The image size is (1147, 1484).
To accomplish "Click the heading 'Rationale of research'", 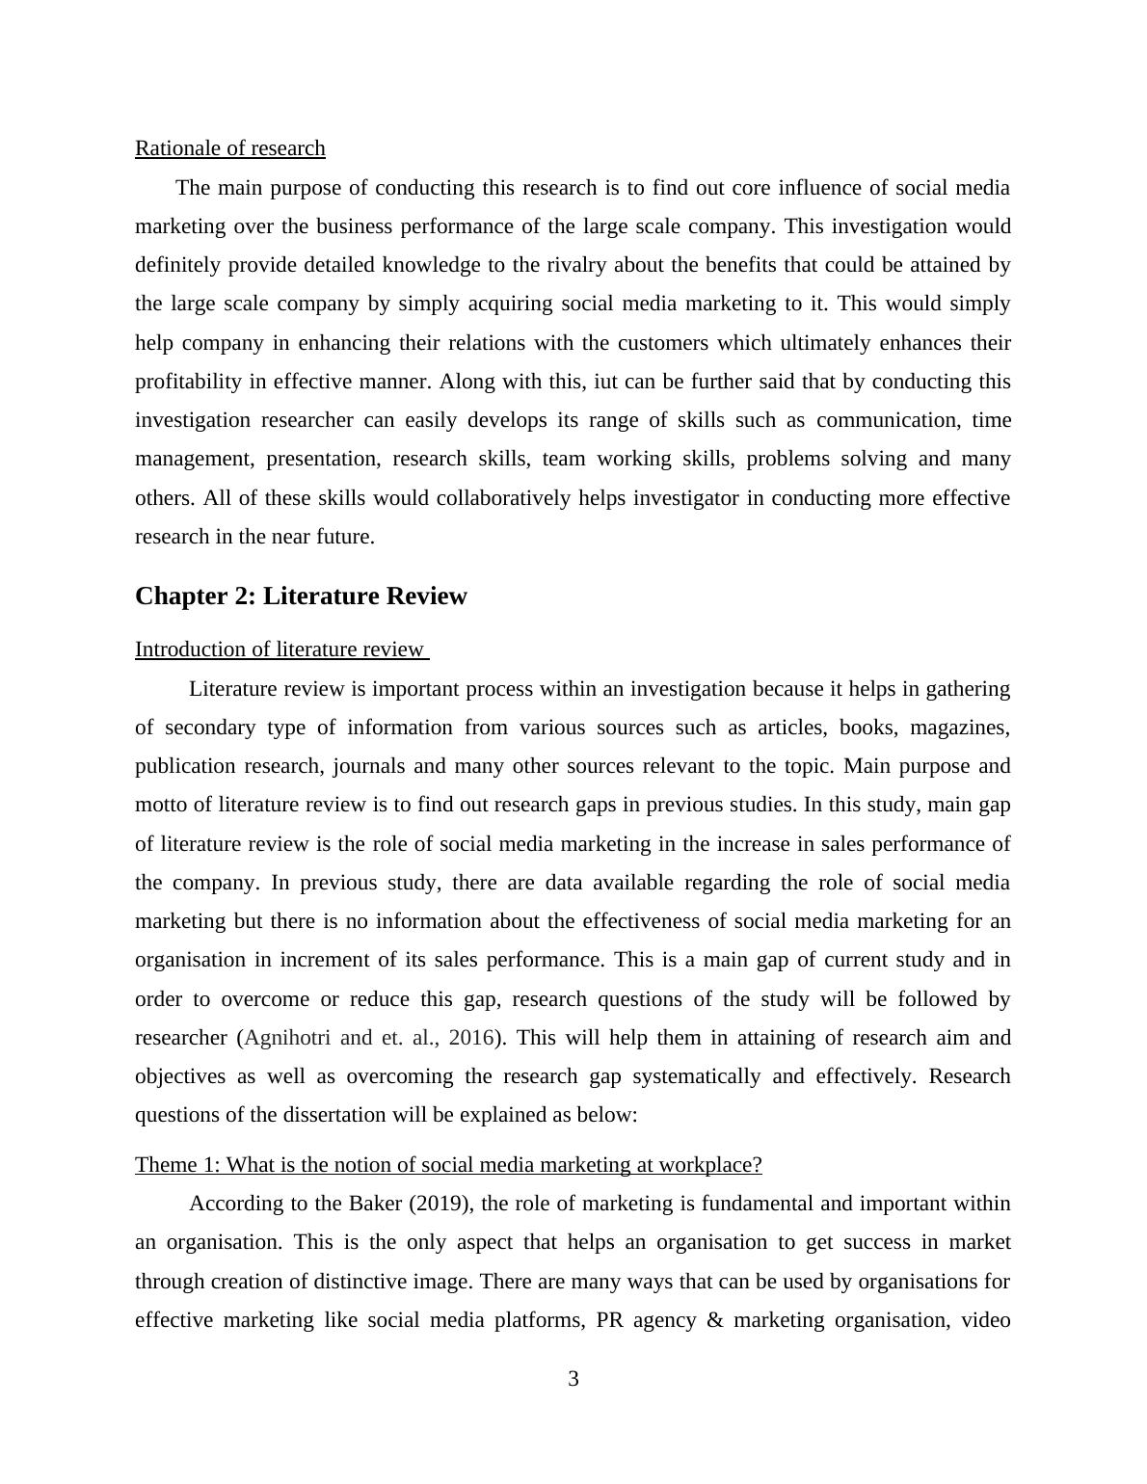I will (x=229, y=148).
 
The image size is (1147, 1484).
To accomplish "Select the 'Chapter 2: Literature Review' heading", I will (x=301, y=596).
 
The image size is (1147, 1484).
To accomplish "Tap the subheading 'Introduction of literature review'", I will (x=280, y=649).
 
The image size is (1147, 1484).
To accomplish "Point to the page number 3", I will (x=573, y=1380).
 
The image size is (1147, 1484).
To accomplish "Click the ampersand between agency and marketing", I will (x=714, y=1320).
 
